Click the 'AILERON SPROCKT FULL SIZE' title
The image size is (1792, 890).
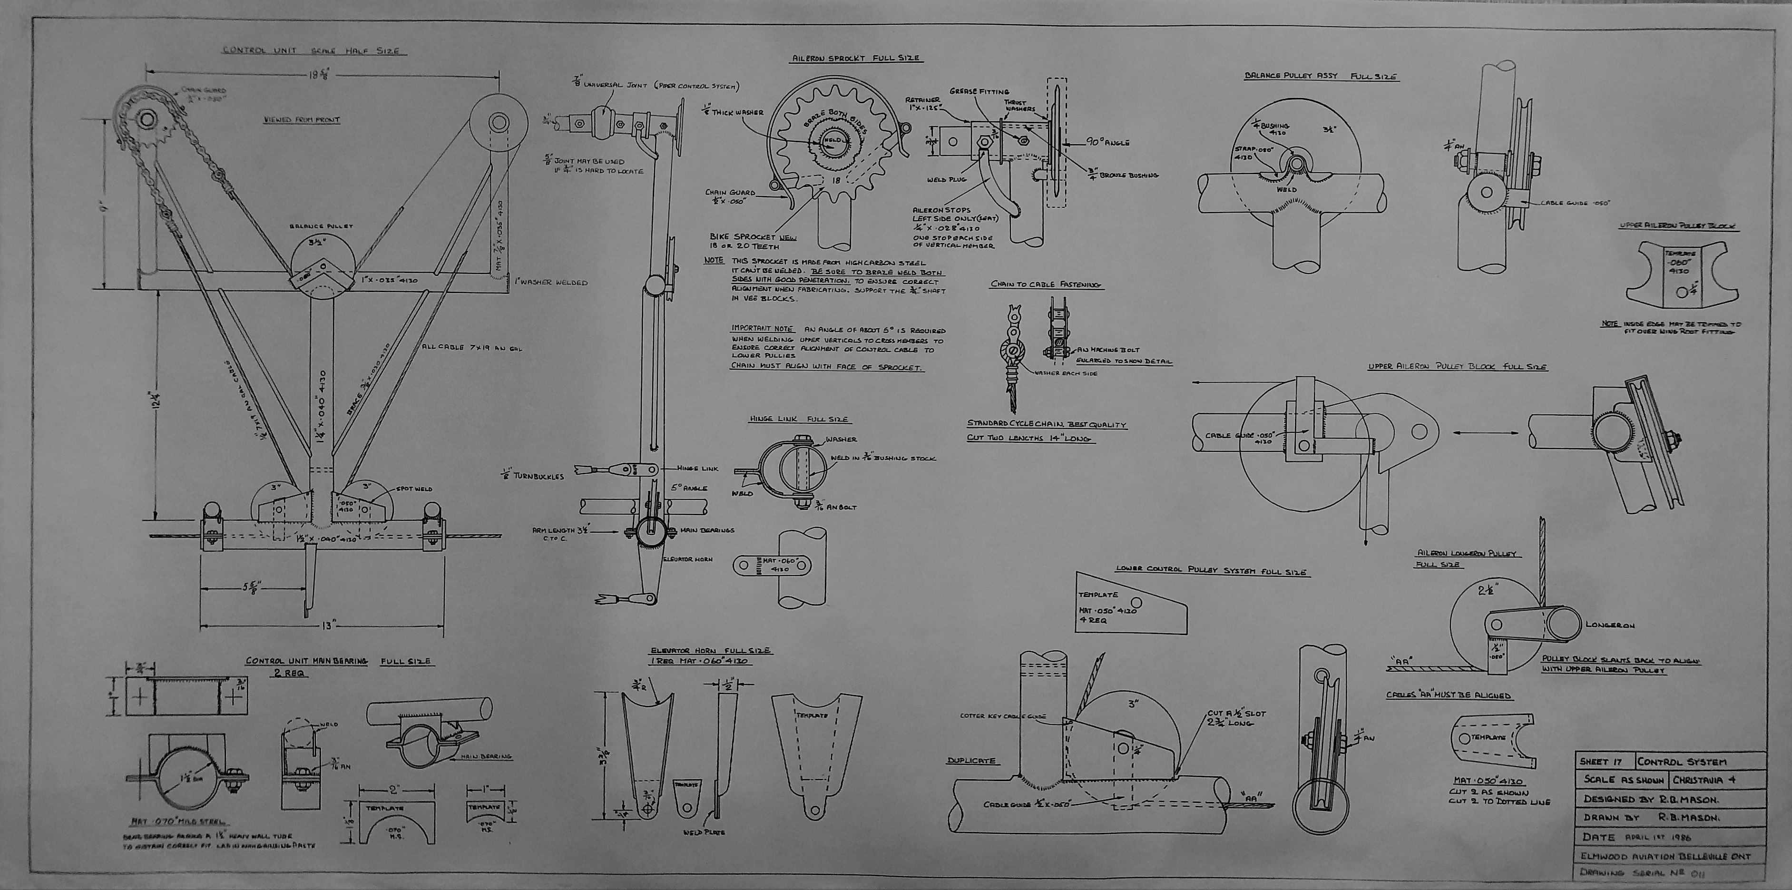coord(857,59)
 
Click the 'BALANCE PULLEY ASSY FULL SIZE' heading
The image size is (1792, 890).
coord(1321,95)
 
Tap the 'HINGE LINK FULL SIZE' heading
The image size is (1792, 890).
coord(799,420)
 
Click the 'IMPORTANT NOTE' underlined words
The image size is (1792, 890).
coord(762,328)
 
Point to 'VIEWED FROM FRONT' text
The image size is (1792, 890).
coord(302,120)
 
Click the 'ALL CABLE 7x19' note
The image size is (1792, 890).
coord(471,347)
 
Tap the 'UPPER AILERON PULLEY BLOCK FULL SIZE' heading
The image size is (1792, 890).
coord(1458,367)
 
